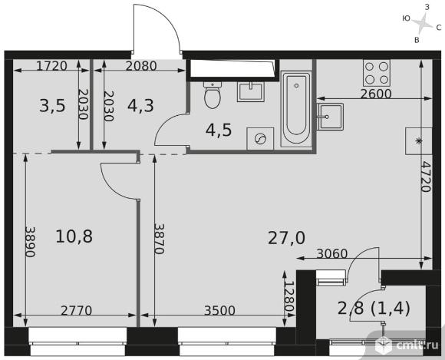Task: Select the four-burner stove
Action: [376, 73]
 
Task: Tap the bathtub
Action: [296, 109]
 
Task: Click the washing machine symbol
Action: [260, 139]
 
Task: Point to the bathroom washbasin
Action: [251, 91]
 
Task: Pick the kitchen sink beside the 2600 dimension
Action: [331, 117]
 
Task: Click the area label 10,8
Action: [74, 236]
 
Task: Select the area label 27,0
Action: [286, 238]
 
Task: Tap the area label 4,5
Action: [219, 130]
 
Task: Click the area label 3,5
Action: [52, 106]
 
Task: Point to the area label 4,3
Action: [140, 106]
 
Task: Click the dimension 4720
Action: [426, 177]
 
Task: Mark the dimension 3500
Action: [220, 311]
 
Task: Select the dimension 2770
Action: [77, 311]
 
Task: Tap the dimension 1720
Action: [52, 66]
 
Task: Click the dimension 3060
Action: [332, 253]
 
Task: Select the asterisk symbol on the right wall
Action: [418, 141]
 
